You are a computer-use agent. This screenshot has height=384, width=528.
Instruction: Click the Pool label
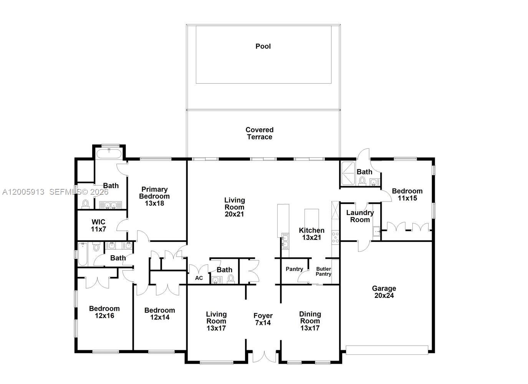[x=263, y=46]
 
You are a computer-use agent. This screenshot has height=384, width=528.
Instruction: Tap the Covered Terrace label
[x=260, y=133]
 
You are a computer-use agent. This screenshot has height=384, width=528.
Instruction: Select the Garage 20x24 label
[x=384, y=292]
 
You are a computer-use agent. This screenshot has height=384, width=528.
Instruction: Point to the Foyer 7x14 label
[x=263, y=319]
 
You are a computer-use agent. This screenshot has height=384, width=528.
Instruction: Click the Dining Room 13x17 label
[x=310, y=321]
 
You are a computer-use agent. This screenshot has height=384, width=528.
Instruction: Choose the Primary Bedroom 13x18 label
[x=154, y=196]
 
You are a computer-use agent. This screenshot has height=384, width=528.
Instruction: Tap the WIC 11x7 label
[x=98, y=225]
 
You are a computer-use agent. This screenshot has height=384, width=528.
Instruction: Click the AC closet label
[x=199, y=278]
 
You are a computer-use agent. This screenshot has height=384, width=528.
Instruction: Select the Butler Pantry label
[x=323, y=271]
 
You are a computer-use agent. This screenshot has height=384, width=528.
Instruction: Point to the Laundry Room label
[x=360, y=216]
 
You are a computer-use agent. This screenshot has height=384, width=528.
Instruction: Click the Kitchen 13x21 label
[x=311, y=234]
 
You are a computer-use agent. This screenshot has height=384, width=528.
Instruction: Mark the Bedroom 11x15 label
[x=407, y=194]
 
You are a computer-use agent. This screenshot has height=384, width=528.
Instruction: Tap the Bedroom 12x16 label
[x=104, y=312]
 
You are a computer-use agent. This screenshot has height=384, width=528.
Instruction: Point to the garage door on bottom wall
[x=387, y=350]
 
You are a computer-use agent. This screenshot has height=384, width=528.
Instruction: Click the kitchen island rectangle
[x=311, y=220]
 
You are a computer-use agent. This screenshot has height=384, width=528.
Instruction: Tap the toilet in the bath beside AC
[x=231, y=279]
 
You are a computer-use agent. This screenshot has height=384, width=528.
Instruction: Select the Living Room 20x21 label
[x=234, y=207]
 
